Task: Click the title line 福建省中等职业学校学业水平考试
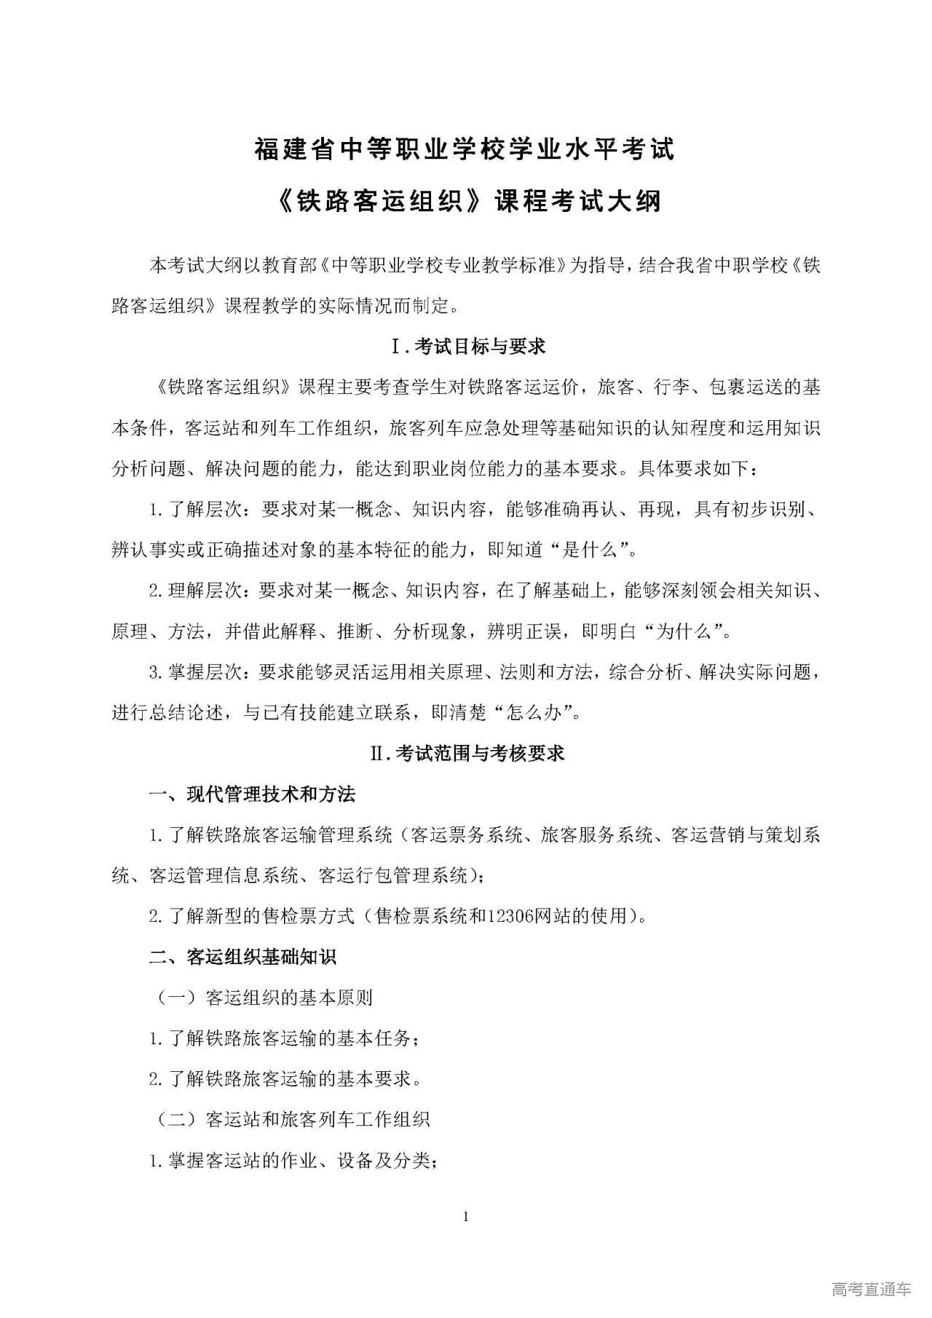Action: [x=465, y=149]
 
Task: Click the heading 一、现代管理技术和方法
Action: [x=252, y=794]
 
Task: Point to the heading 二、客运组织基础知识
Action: [x=242, y=956]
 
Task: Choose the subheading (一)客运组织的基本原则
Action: [x=264, y=997]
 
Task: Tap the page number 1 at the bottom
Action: [x=466, y=1217]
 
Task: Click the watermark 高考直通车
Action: [x=871, y=1290]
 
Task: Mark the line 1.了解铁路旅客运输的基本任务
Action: [x=284, y=1038]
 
